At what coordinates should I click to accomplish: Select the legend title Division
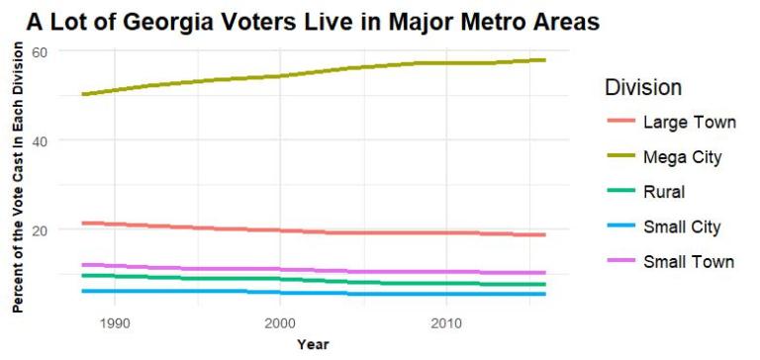point(643,88)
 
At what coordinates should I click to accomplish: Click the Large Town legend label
point(689,123)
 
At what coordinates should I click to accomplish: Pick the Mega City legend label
point(683,157)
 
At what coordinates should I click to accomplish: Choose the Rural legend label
point(665,192)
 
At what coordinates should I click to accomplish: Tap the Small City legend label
point(682,227)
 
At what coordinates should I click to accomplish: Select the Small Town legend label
point(689,262)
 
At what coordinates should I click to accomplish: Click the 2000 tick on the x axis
point(280,323)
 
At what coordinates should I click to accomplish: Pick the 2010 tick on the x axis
point(445,323)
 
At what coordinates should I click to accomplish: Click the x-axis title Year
point(313,344)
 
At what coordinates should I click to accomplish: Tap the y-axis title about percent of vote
point(18,179)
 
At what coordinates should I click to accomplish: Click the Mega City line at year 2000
point(280,75)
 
